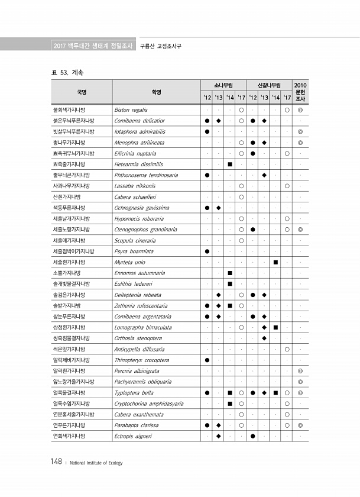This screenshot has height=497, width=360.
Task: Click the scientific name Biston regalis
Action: click(131, 110)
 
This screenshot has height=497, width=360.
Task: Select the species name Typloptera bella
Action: click(134, 392)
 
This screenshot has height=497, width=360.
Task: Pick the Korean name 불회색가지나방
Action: click(69, 110)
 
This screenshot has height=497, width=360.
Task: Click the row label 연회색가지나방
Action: click(69, 436)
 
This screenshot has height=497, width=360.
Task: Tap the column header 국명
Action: click(82, 92)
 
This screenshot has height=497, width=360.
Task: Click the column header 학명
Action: click(156, 92)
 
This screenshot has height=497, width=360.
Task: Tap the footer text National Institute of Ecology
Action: click(96, 463)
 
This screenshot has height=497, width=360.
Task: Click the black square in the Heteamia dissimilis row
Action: click(229, 164)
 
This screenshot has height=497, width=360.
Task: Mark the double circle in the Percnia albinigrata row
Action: click(300, 371)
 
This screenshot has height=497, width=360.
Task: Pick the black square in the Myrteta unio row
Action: click(275, 262)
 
